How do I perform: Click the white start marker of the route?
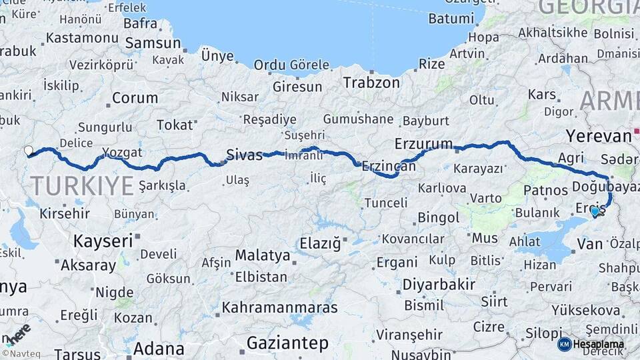(x=28, y=151)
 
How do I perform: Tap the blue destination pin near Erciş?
(x=595, y=211)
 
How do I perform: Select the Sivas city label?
(x=245, y=155)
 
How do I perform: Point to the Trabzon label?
(x=371, y=83)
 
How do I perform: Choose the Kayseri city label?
(x=103, y=241)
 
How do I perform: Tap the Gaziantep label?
(x=287, y=343)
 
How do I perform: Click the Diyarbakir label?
(x=439, y=285)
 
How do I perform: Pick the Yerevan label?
(x=598, y=136)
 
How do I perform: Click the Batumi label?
(x=451, y=19)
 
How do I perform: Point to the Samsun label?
(x=153, y=43)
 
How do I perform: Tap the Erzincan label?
(x=383, y=167)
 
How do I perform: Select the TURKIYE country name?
(x=82, y=185)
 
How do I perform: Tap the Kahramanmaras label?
(x=279, y=308)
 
